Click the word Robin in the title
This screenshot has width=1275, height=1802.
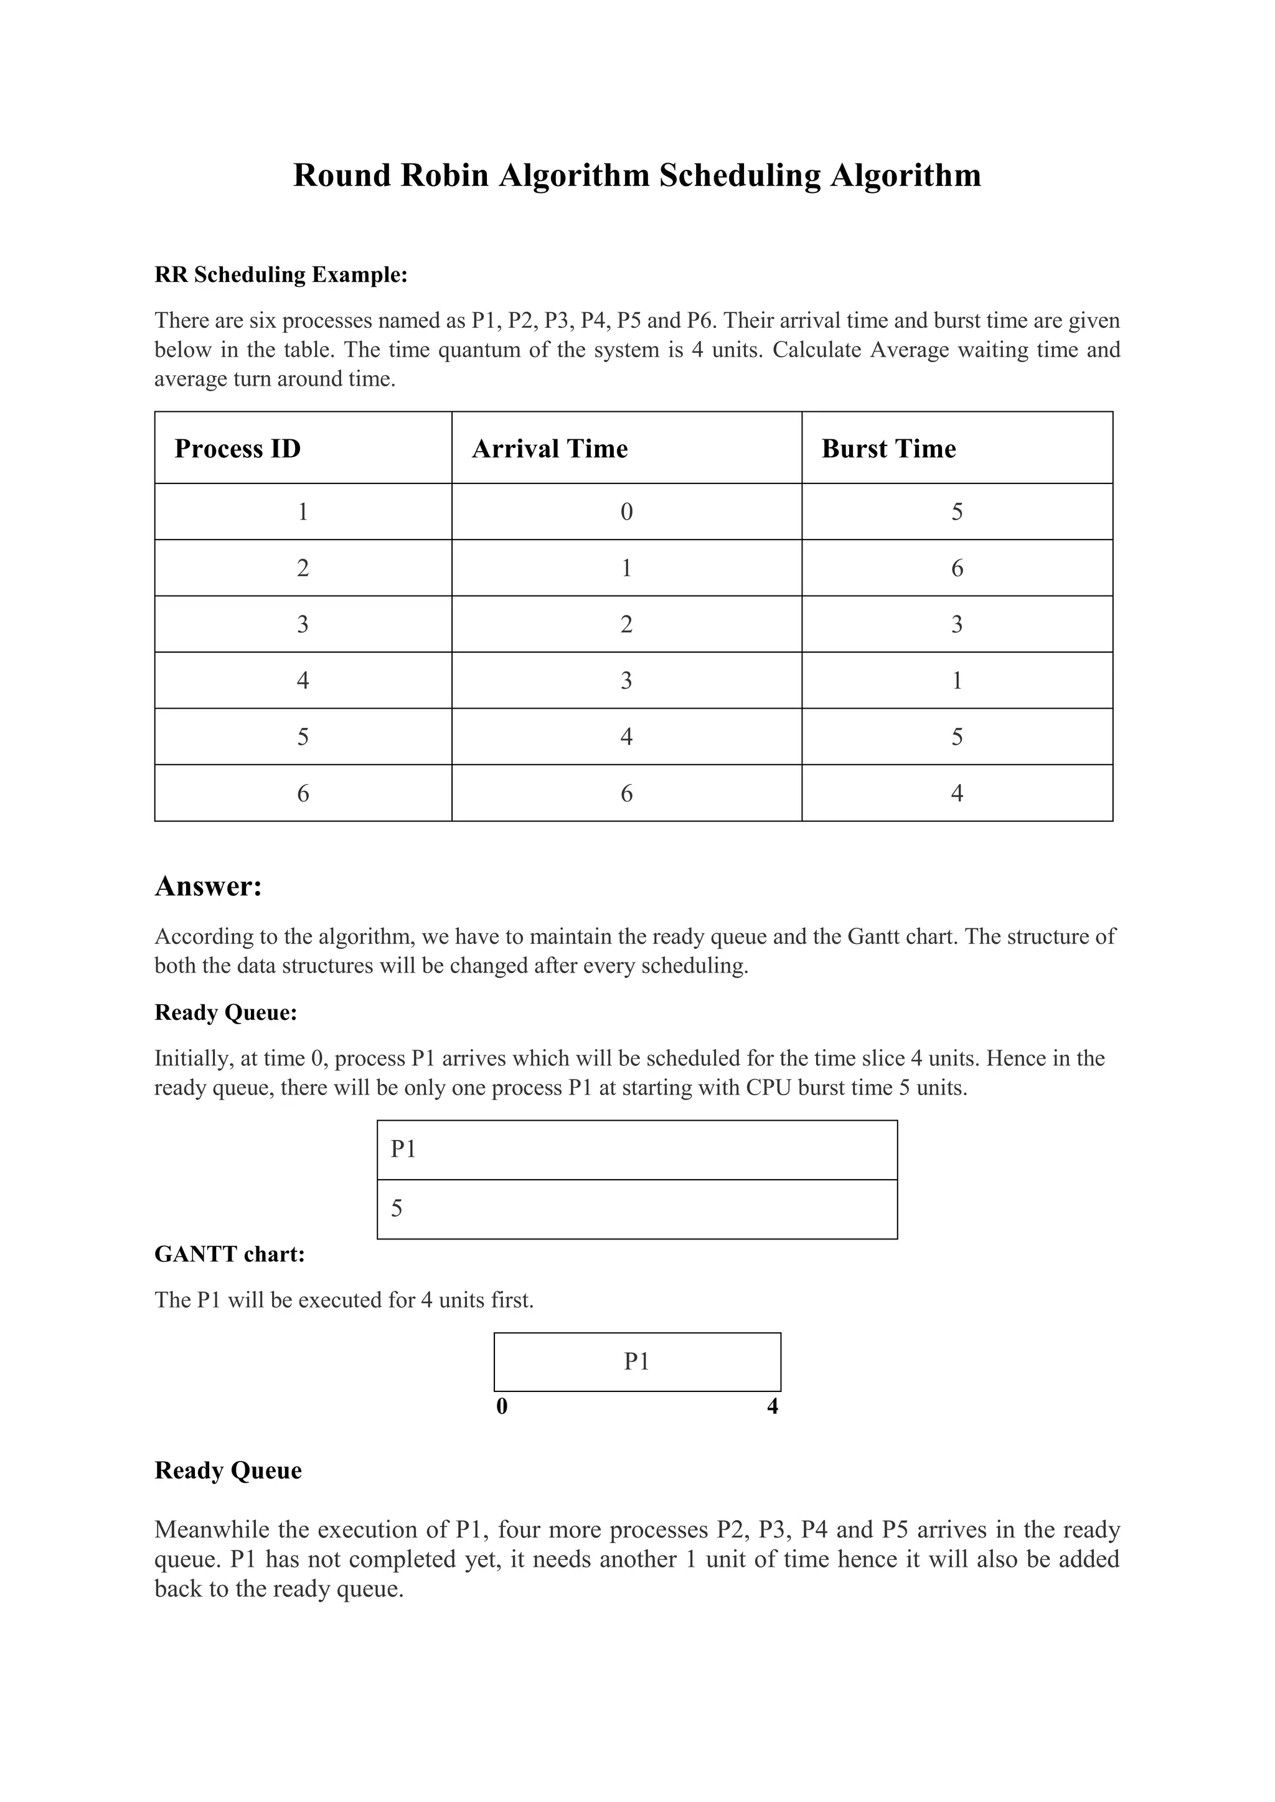point(445,175)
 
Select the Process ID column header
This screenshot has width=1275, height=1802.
point(237,449)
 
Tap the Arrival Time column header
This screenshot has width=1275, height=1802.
point(550,449)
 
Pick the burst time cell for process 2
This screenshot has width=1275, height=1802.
point(956,568)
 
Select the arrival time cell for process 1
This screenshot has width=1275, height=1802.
point(626,511)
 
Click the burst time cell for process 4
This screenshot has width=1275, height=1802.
point(956,681)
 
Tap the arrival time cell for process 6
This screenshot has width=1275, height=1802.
point(626,793)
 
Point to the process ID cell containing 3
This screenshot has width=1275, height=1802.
point(303,624)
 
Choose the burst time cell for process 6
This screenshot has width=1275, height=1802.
point(956,793)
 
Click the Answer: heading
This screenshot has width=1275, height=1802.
point(208,886)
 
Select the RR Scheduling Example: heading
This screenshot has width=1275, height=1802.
point(281,274)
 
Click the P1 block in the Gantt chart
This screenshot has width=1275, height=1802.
point(637,1361)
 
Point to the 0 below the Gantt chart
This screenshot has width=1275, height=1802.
point(502,1406)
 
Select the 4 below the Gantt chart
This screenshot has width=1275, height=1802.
point(772,1406)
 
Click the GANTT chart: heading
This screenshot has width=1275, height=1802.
point(229,1254)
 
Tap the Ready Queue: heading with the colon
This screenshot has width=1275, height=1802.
point(225,1012)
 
